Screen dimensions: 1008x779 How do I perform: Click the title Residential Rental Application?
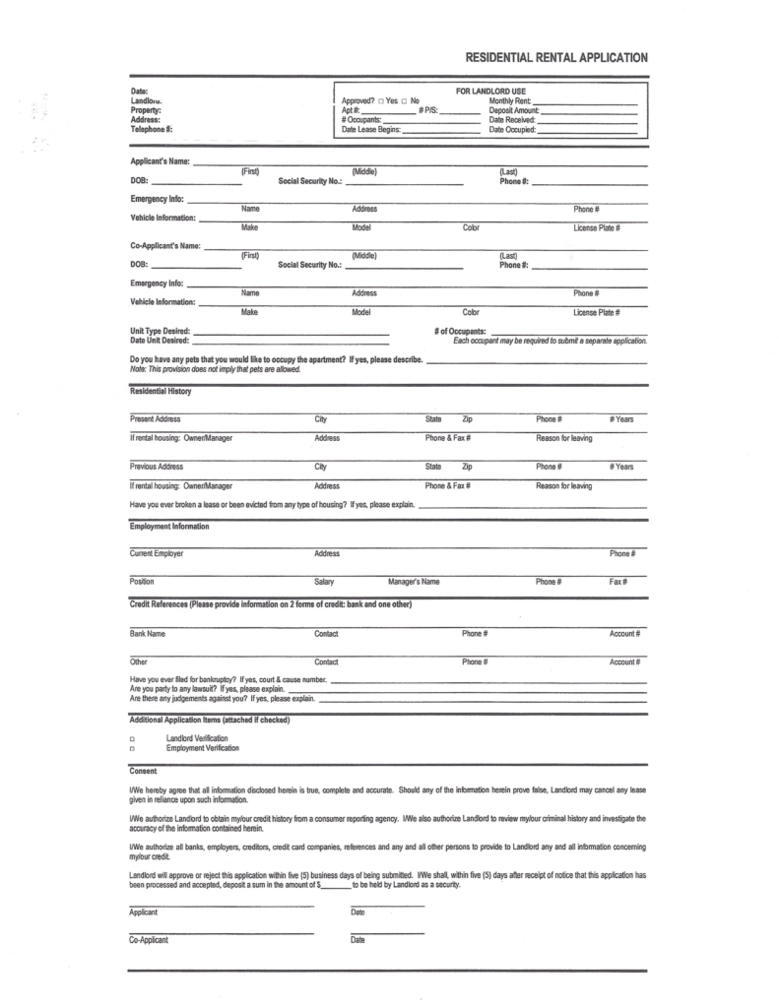(556, 58)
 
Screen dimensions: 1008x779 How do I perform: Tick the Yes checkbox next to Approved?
(380, 101)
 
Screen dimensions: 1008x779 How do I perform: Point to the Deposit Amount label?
(513, 111)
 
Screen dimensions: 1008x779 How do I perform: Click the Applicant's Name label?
(160, 161)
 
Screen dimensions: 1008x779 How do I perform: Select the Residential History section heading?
(161, 392)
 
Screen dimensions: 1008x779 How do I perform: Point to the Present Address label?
(156, 419)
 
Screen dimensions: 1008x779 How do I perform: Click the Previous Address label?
(157, 466)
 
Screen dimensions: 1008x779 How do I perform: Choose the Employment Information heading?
(169, 527)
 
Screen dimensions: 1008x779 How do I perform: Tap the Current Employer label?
(157, 553)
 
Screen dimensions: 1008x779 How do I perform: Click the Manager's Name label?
(414, 582)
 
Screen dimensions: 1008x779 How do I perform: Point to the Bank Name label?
(148, 633)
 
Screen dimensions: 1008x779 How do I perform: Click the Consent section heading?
(144, 771)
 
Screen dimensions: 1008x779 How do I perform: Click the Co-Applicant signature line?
(222, 932)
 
